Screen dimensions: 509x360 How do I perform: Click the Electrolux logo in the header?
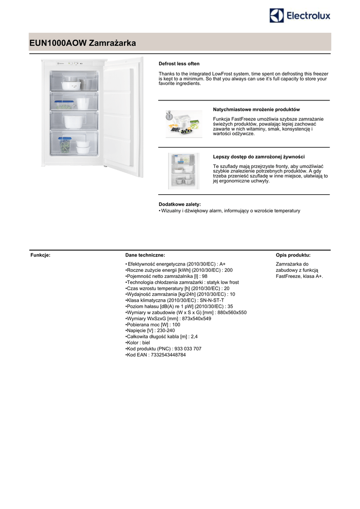pos(299,15)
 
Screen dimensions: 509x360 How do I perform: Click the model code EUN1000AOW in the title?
pos(58,44)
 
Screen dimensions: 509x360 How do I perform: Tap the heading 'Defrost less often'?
pos(179,64)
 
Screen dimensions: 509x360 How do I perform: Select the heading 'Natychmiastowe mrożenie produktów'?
pos(256,109)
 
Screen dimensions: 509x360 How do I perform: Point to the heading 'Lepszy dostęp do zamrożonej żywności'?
pos(259,157)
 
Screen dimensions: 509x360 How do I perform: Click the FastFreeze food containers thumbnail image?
pos(184,123)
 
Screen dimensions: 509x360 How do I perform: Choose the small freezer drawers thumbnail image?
pos(183,170)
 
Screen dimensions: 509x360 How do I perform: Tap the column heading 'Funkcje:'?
pos(41,255)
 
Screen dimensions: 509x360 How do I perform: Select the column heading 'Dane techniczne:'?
pos(145,255)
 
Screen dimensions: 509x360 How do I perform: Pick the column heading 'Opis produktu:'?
pos(293,255)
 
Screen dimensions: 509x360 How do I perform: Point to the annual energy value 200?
pos(229,270)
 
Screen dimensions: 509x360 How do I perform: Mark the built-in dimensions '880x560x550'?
pos(232,313)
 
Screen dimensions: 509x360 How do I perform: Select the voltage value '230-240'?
pos(166,331)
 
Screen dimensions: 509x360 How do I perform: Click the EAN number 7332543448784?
pos(168,355)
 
